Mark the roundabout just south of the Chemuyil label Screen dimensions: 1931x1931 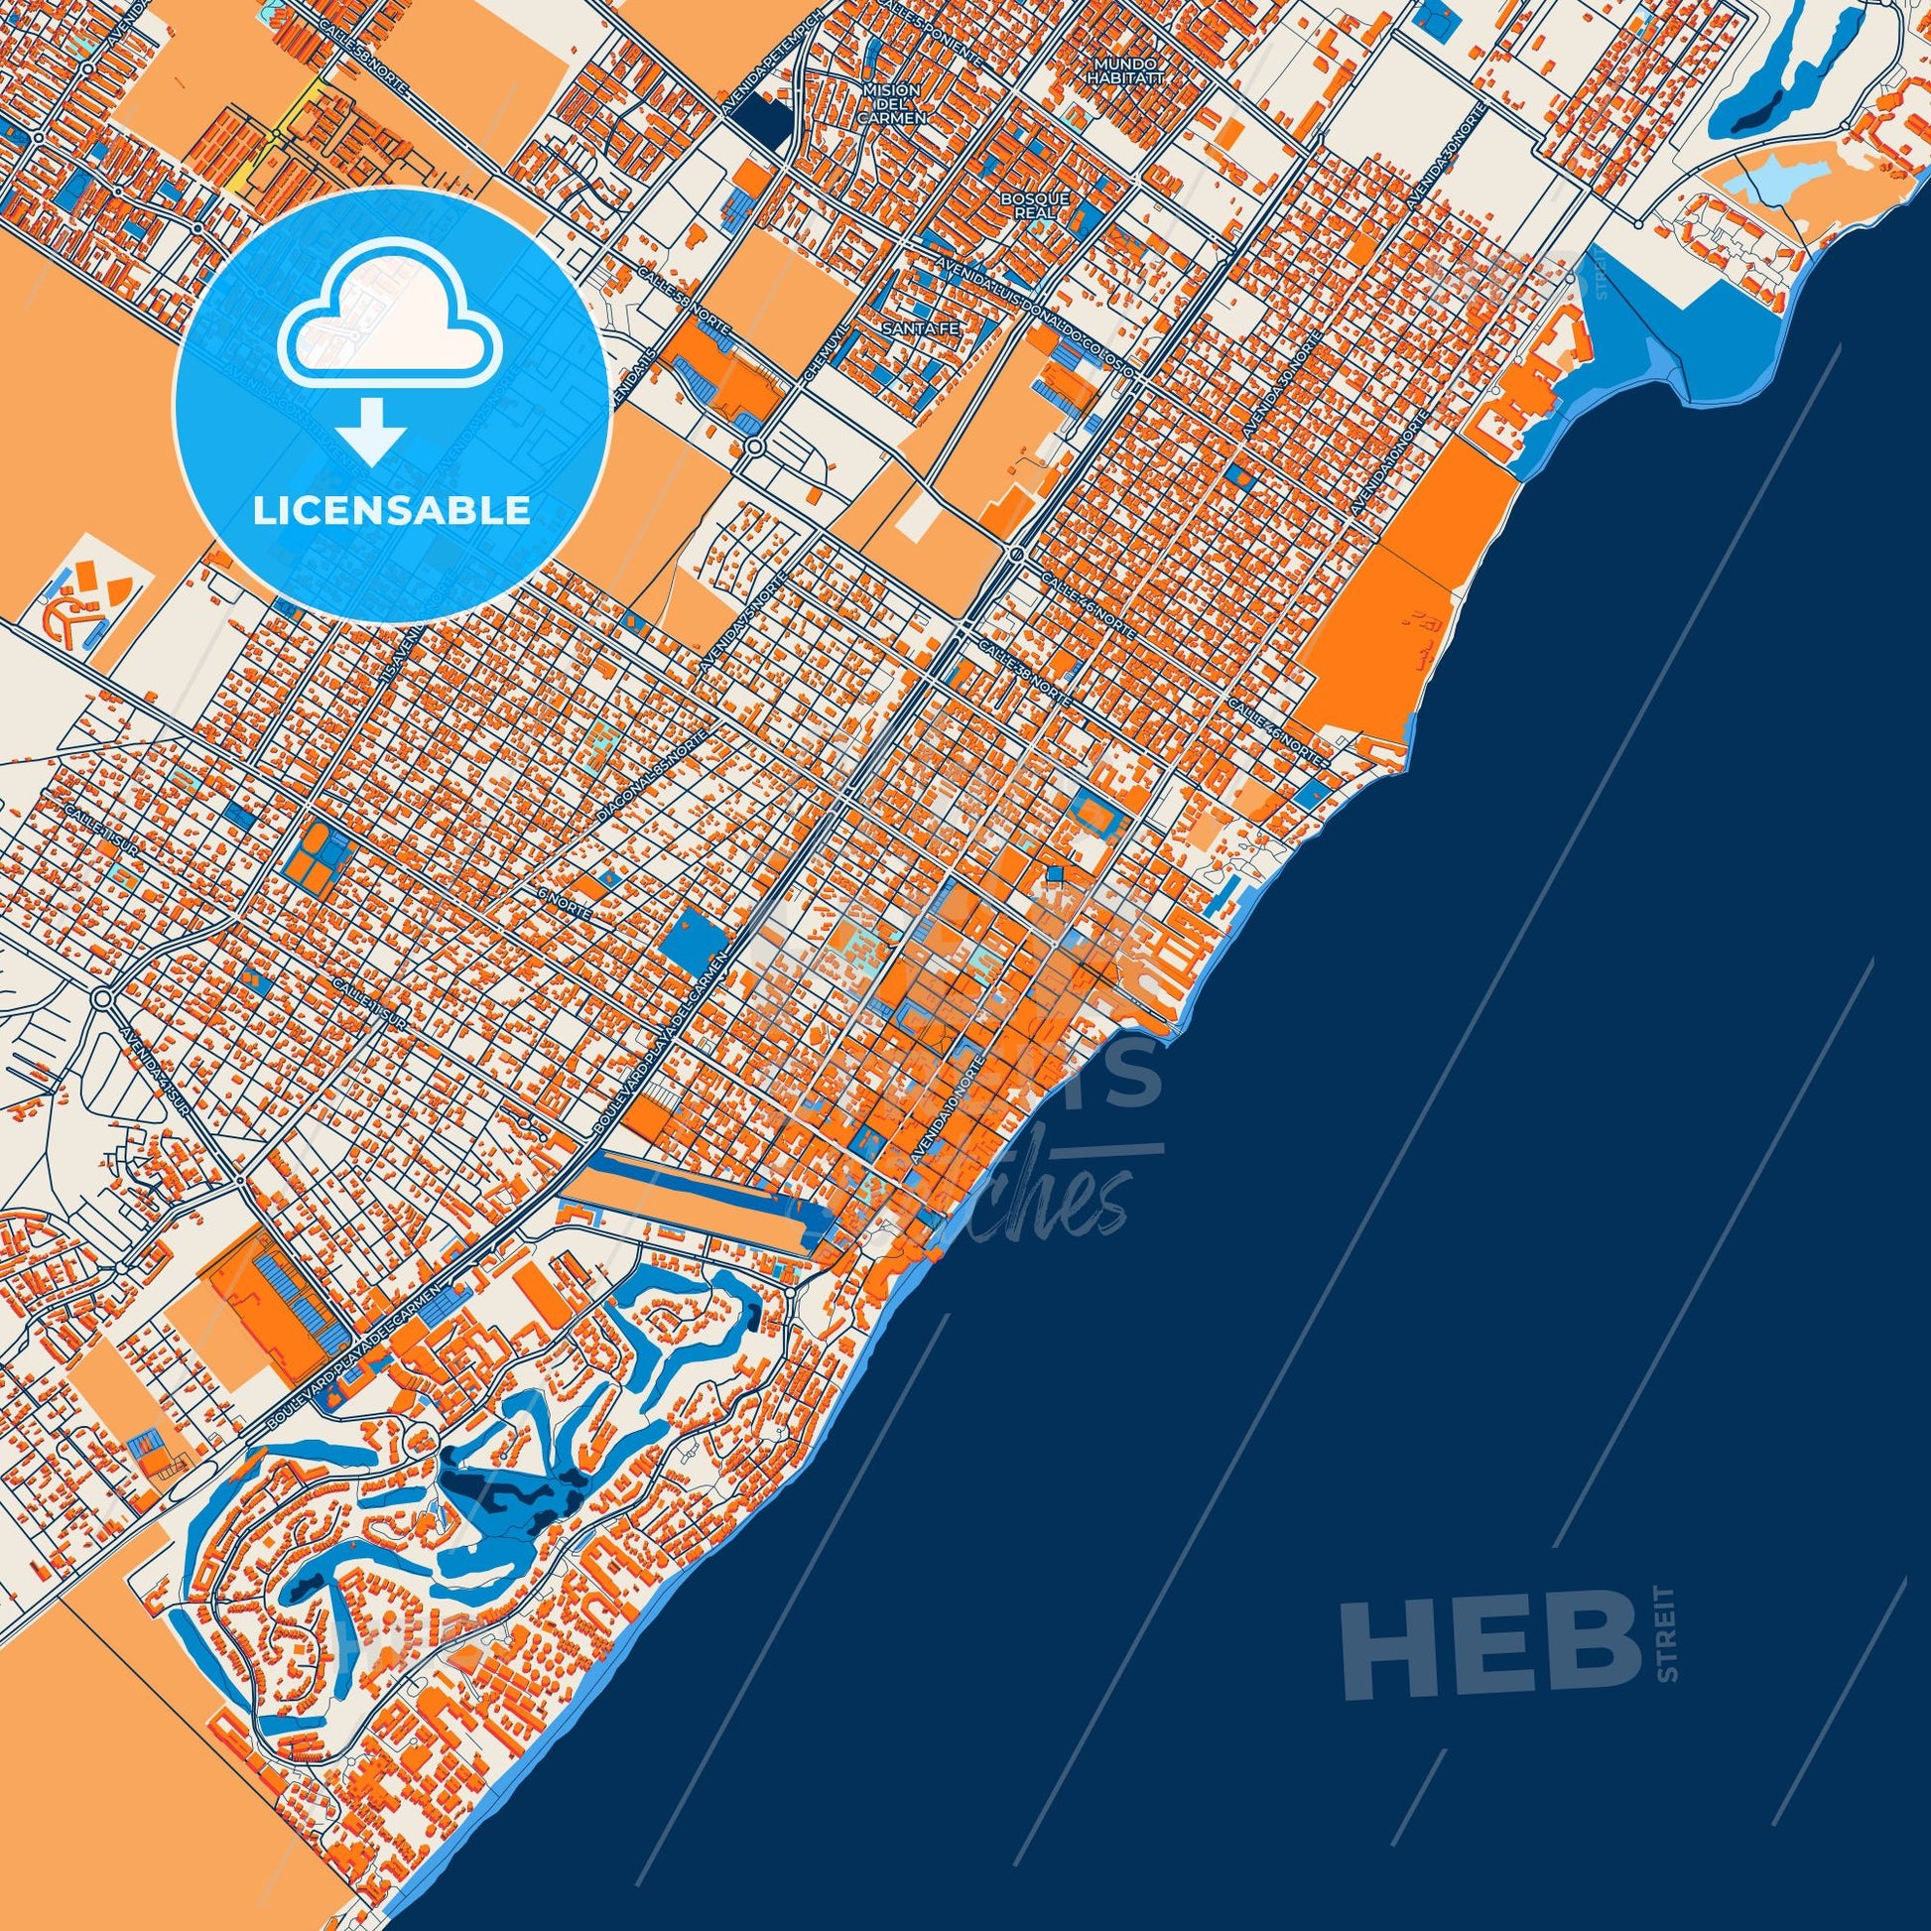click(x=754, y=446)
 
